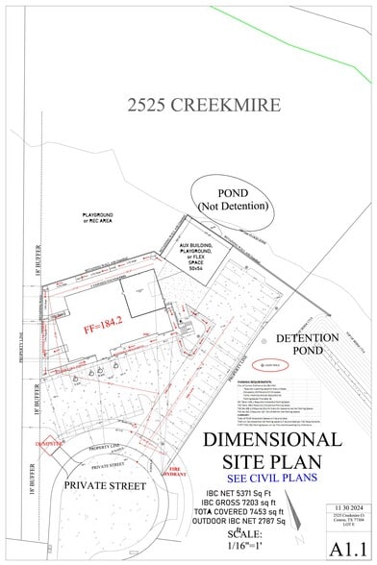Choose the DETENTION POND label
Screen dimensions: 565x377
(x=307, y=345)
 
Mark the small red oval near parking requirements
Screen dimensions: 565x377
(x=270, y=366)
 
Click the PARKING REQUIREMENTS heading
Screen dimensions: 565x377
(x=271, y=382)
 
